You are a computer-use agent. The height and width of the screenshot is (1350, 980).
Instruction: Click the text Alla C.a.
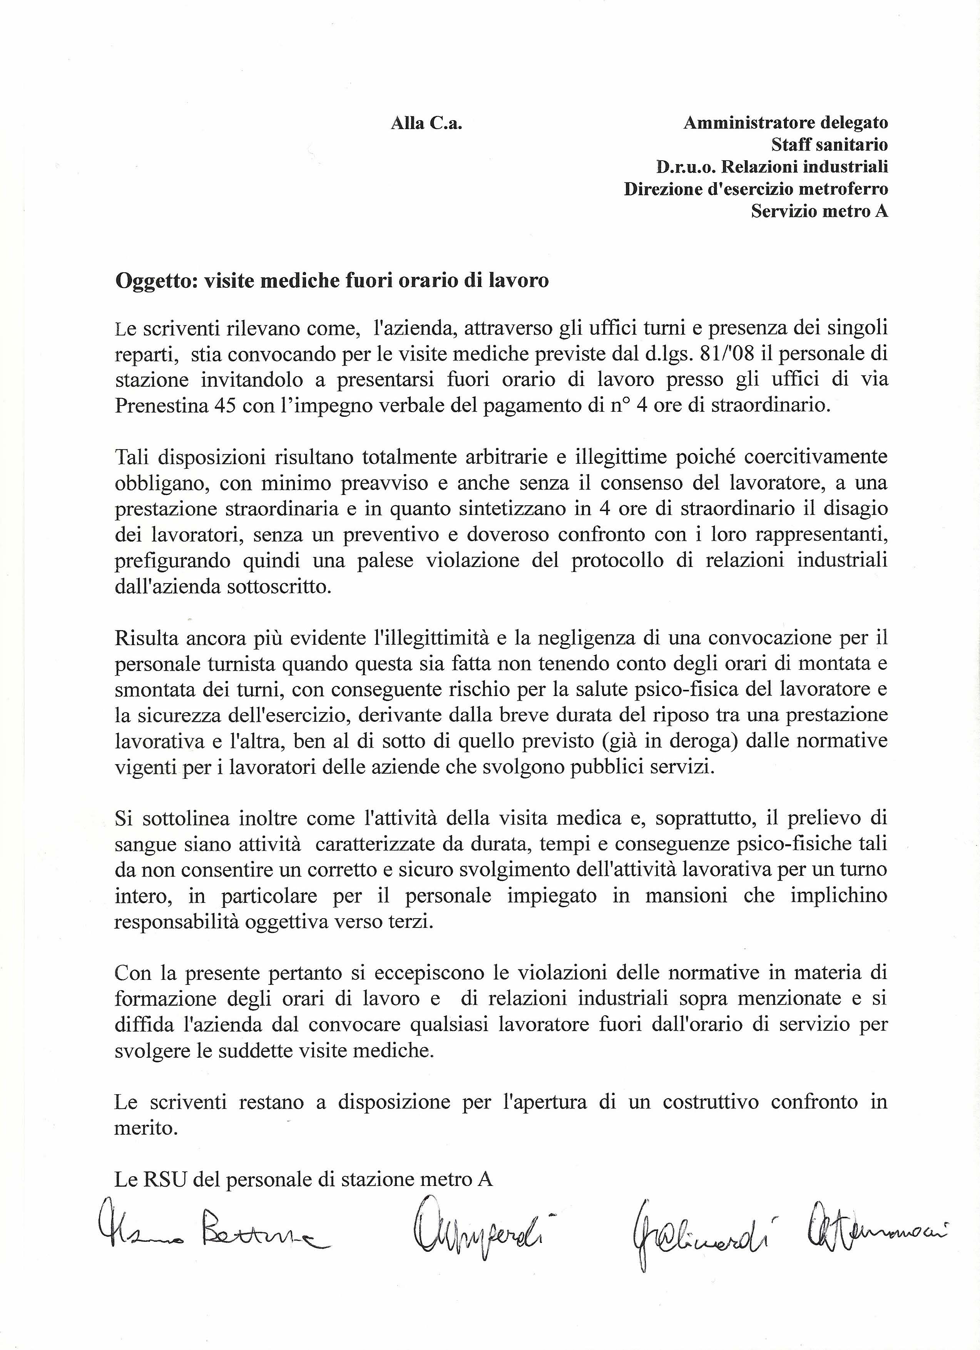pos(426,124)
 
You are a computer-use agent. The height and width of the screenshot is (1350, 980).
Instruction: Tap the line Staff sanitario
pos(829,145)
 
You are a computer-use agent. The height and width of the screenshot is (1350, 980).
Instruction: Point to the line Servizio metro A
pos(819,211)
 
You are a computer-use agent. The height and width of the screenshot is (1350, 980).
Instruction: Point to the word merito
pos(146,1129)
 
